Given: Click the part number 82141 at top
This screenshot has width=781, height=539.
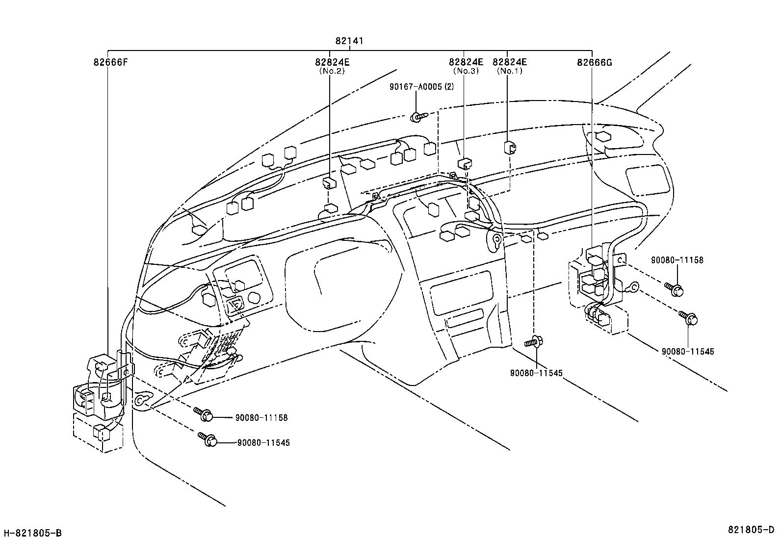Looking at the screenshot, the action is click(349, 41).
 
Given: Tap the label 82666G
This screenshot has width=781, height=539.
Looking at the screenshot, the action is click(594, 62).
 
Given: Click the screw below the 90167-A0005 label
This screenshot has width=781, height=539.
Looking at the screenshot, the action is click(417, 117).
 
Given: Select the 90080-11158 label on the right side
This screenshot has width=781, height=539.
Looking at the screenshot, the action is click(677, 260).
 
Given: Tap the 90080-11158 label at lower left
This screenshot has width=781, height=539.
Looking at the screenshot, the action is click(261, 418).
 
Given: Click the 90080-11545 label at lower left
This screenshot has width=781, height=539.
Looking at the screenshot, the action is click(263, 442).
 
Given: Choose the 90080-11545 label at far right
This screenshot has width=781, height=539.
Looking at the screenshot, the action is click(688, 351).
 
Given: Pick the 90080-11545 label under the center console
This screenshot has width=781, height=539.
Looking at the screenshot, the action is click(536, 373).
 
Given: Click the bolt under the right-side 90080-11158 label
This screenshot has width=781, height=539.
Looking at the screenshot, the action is click(675, 289).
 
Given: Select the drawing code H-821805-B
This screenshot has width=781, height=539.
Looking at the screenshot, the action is click(33, 533).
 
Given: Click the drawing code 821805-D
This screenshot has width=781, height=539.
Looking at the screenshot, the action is click(753, 530).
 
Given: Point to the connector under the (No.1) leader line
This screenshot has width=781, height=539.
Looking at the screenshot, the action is click(509, 147).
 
